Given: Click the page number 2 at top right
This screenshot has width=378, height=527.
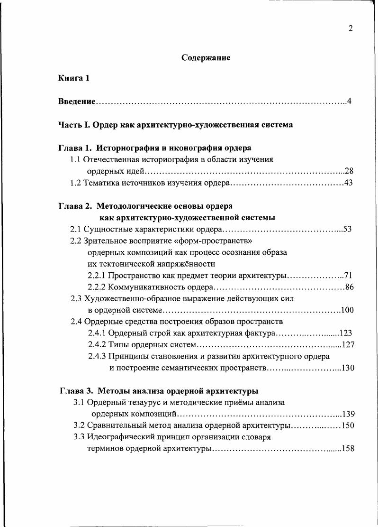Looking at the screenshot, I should [x=351, y=28].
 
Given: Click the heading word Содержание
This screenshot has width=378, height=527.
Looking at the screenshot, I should [x=206, y=58].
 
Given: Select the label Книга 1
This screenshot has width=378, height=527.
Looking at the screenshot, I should [x=74, y=78].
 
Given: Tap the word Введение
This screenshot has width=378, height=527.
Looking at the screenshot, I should [x=77, y=102].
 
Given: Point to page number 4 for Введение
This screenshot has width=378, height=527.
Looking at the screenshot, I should [x=349, y=102].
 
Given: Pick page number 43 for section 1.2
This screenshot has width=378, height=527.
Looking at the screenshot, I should [x=349, y=183].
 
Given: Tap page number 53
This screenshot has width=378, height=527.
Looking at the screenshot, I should [x=347, y=230].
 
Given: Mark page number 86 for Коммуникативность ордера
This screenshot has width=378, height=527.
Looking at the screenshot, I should [x=350, y=287].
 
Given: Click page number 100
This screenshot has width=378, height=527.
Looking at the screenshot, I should [x=347, y=310].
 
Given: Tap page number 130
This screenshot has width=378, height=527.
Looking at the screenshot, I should [x=348, y=368].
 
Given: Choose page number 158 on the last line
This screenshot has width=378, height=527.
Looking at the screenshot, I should [x=348, y=449].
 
